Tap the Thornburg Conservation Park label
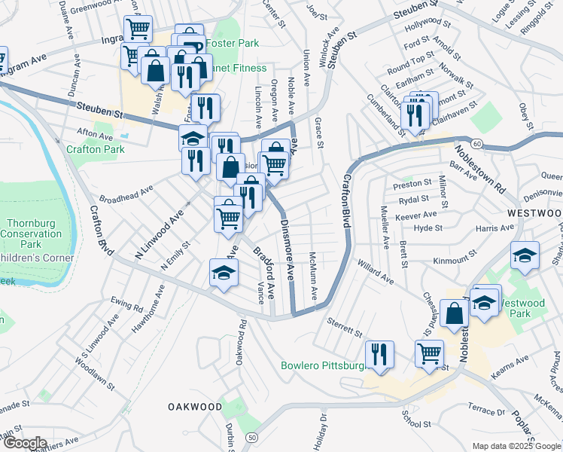[34, 234]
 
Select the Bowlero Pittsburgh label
[322, 366]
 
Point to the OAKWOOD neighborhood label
[195, 407]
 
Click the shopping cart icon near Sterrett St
[429, 352]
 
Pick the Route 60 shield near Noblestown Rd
[478, 143]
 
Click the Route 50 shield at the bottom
[251, 437]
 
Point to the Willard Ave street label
[376, 273]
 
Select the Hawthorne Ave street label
[159, 305]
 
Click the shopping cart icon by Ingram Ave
[138, 28]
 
